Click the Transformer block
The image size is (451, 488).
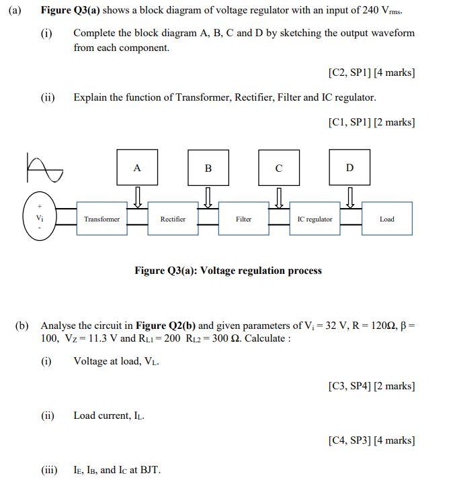pyautogui.click(x=102, y=219)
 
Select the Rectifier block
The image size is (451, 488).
pyautogui.click(x=173, y=219)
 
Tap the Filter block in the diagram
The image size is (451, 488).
pyautogui.click(x=244, y=219)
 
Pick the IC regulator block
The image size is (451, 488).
pyautogui.click(x=315, y=219)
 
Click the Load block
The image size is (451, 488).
pyautogui.click(x=387, y=219)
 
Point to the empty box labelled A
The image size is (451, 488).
pyautogui.click(x=137, y=167)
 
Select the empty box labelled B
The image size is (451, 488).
pyautogui.click(x=208, y=167)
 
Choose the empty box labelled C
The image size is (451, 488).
pyautogui.click(x=279, y=167)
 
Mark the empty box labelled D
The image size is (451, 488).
pyautogui.click(x=350, y=167)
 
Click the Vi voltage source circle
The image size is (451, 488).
pyautogui.click(x=40, y=216)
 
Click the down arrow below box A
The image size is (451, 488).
pyautogui.click(x=137, y=197)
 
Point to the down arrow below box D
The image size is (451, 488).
pyautogui.click(x=350, y=197)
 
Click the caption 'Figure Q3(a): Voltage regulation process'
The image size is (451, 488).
pyautogui.click(x=228, y=271)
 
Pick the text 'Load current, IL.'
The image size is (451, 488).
pyautogui.click(x=109, y=416)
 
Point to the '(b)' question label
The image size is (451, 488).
pyautogui.click(x=23, y=325)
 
